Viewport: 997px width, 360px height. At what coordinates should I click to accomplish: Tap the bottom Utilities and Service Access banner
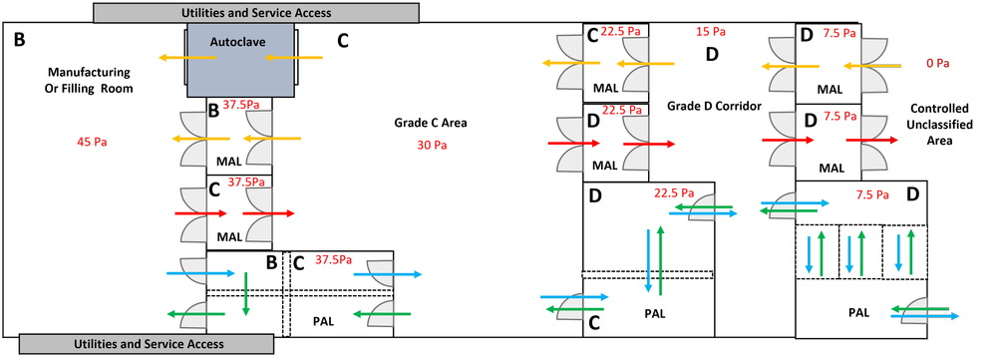[150, 344]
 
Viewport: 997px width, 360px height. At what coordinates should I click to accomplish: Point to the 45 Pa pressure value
[92, 142]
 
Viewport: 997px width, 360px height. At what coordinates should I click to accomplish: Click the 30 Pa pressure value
[432, 145]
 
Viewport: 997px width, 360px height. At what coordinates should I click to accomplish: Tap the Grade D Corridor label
[714, 105]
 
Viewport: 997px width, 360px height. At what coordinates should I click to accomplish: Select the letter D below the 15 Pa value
[712, 54]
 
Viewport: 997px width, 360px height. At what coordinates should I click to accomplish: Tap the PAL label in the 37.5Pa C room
[323, 321]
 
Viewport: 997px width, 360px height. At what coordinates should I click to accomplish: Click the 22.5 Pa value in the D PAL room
[673, 192]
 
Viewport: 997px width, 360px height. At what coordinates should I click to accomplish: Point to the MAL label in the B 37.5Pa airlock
[229, 159]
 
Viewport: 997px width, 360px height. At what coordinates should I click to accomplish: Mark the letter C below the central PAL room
[594, 322]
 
